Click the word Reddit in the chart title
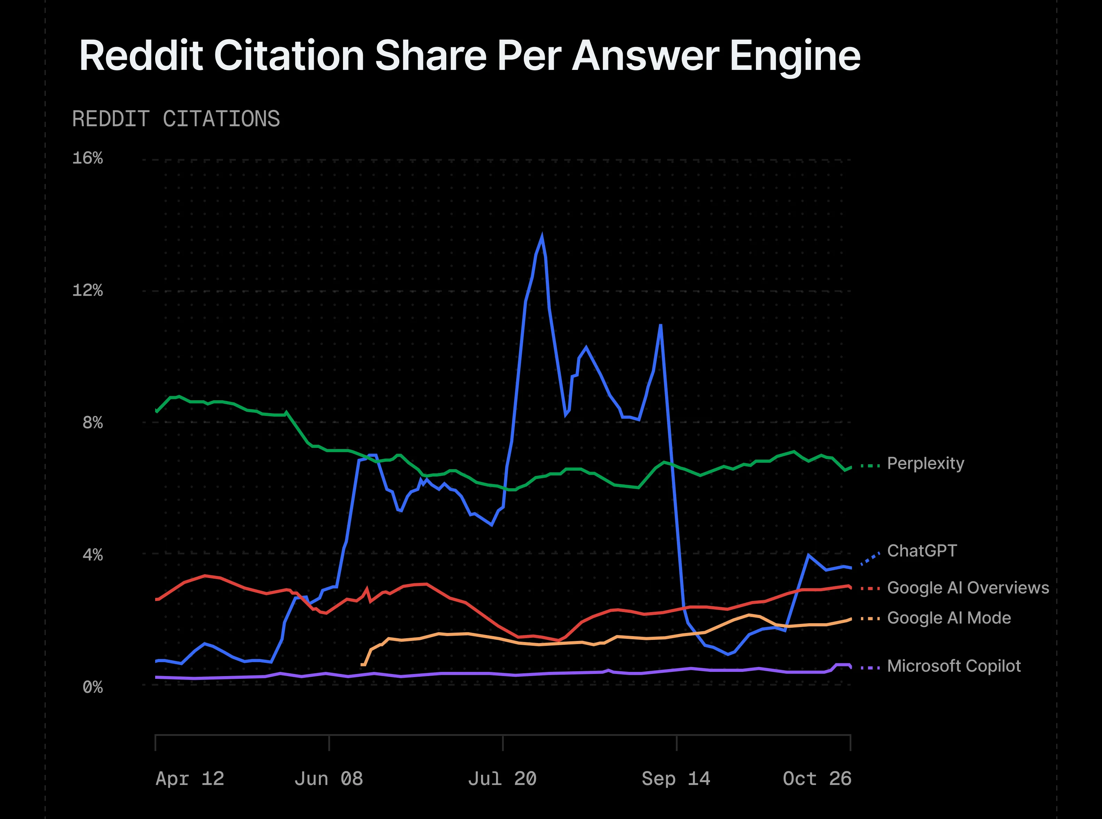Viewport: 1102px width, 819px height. (x=141, y=56)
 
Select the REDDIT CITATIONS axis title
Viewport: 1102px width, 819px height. (x=176, y=119)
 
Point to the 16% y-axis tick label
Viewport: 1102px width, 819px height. (x=87, y=158)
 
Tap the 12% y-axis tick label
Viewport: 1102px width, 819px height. (x=87, y=290)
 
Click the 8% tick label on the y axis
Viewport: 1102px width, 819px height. (x=92, y=423)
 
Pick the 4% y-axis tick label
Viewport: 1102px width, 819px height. (x=92, y=554)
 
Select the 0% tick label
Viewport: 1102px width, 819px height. (x=92, y=686)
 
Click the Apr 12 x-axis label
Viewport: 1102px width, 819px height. (x=190, y=778)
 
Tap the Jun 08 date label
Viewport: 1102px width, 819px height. (x=328, y=778)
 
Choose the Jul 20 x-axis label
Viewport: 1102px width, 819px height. (x=502, y=778)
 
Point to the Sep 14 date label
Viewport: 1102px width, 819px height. (x=676, y=778)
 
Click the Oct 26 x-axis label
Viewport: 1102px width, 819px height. (x=817, y=778)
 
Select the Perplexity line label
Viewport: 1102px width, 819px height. (x=925, y=463)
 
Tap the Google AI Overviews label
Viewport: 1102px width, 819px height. (x=968, y=587)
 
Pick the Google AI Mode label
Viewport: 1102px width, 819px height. (x=948, y=618)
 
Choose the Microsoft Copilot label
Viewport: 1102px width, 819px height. (x=953, y=666)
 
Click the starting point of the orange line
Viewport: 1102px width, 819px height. (x=361, y=664)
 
